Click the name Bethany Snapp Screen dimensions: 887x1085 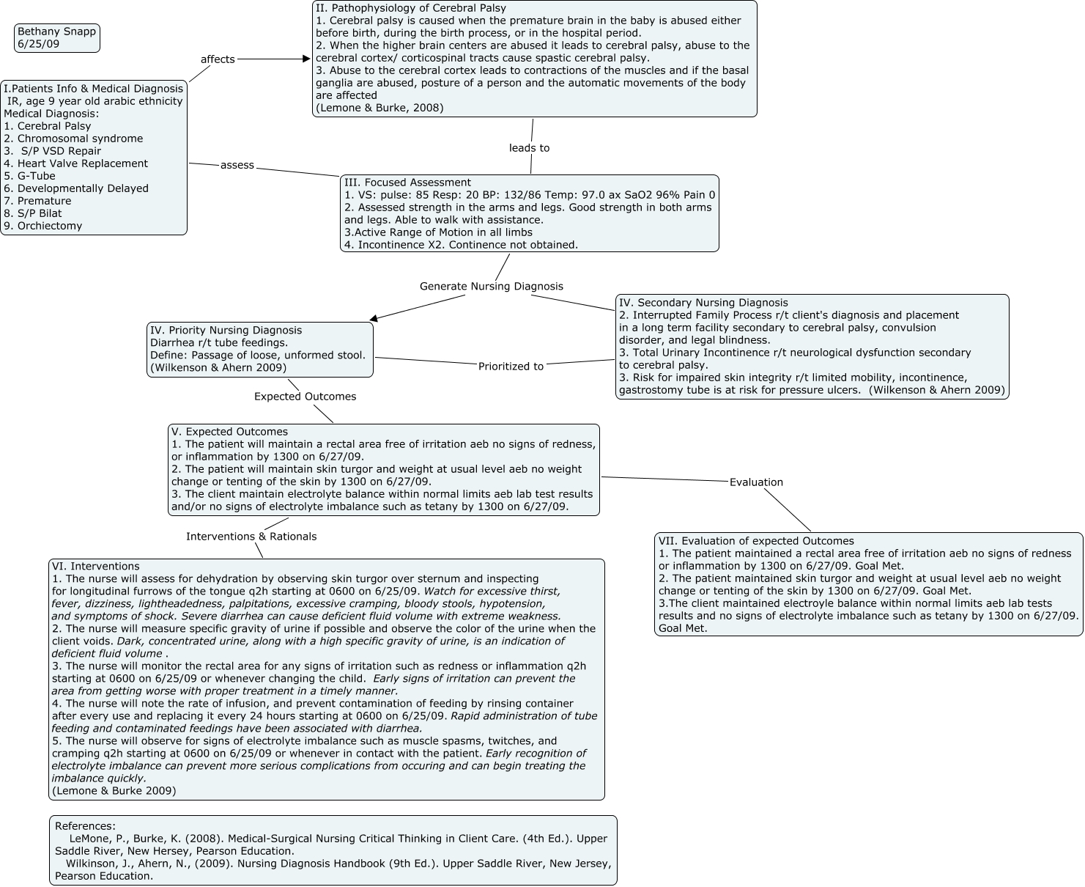[56, 32]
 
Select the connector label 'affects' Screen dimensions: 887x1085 [218, 59]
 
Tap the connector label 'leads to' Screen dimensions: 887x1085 [529, 148]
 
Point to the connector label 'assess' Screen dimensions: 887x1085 [237, 166]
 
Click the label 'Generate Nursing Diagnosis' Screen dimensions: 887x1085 [491, 287]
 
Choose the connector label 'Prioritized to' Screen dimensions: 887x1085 [511, 367]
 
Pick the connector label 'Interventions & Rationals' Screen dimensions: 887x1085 [251, 537]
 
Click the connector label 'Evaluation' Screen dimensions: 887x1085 [756, 482]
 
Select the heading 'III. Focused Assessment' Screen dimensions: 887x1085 [407, 183]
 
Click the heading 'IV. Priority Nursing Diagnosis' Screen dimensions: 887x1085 [226, 331]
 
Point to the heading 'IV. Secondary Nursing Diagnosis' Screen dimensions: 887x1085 [703, 303]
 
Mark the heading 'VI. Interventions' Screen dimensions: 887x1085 [95, 567]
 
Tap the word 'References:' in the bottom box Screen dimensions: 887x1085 [85, 826]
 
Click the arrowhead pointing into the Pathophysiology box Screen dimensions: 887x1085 [306, 59]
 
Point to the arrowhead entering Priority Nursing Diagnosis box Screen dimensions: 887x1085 [374, 318]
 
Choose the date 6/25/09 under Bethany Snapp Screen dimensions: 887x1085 [38, 44]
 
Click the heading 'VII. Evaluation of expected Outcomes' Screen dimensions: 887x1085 [756, 541]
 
